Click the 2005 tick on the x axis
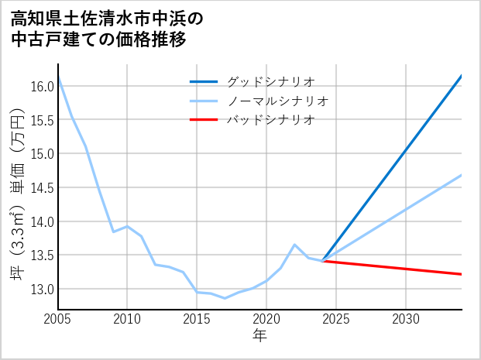58,319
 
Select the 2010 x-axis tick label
127,319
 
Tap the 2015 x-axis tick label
197,319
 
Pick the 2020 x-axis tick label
266,319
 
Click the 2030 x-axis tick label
406,319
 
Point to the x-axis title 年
259,336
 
